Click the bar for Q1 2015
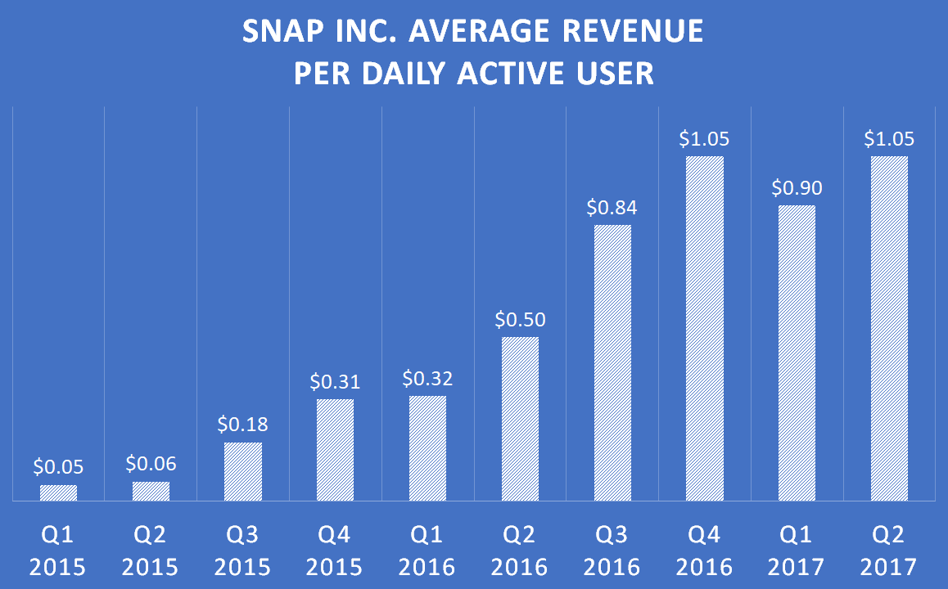tap(58, 493)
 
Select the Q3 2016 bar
tap(612, 363)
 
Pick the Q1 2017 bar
tap(797, 353)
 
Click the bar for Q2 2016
tap(520, 419)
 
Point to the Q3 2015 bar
tap(243, 472)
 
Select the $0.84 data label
tap(612, 208)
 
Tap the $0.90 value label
tap(797, 188)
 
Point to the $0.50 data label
tap(520, 319)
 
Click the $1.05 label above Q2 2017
tap(889, 139)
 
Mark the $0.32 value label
tap(427, 379)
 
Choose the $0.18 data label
tap(243, 425)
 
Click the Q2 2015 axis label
tap(151, 551)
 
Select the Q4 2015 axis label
tap(336, 551)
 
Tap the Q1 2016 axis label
tap(427, 551)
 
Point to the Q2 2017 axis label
tap(889, 551)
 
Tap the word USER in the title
tap(615, 74)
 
